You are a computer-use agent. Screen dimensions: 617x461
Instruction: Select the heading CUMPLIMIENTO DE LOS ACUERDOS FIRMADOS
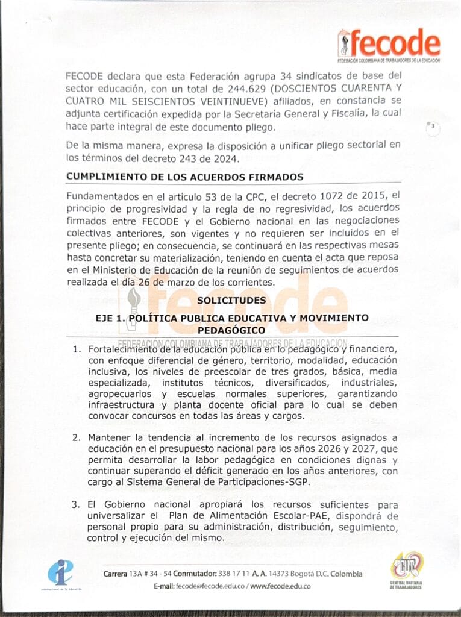(184, 177)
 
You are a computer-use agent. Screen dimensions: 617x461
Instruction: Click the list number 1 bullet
(76, 349)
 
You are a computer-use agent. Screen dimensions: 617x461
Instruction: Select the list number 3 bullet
(76, 504)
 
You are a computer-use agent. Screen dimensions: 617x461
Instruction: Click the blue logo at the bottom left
(61, 572)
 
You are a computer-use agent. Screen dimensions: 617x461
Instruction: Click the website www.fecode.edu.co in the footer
(280, 586)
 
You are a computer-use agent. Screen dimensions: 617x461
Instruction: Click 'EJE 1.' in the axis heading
(110, 318)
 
